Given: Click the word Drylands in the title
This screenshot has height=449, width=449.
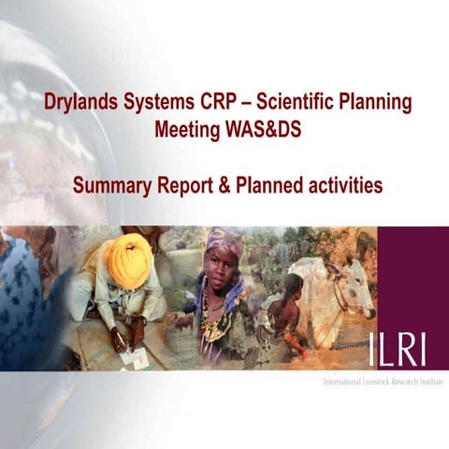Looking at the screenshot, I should tap(82, 102).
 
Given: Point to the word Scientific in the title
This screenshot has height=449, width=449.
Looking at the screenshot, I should tap(307, 102).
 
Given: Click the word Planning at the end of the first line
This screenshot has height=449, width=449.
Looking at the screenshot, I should tap(381, 102).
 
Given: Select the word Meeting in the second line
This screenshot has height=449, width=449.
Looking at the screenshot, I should tap(187, 130).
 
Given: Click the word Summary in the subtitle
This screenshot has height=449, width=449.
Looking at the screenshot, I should tap(112, 185).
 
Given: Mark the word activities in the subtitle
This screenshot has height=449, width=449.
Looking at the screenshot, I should tap(347, 185).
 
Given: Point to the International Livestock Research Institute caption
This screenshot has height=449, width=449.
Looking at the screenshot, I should tap(382, 384).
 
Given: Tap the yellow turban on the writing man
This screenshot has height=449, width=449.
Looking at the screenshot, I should tap(130, 260).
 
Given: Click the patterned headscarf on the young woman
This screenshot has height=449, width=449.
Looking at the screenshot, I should tap(224, 245).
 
